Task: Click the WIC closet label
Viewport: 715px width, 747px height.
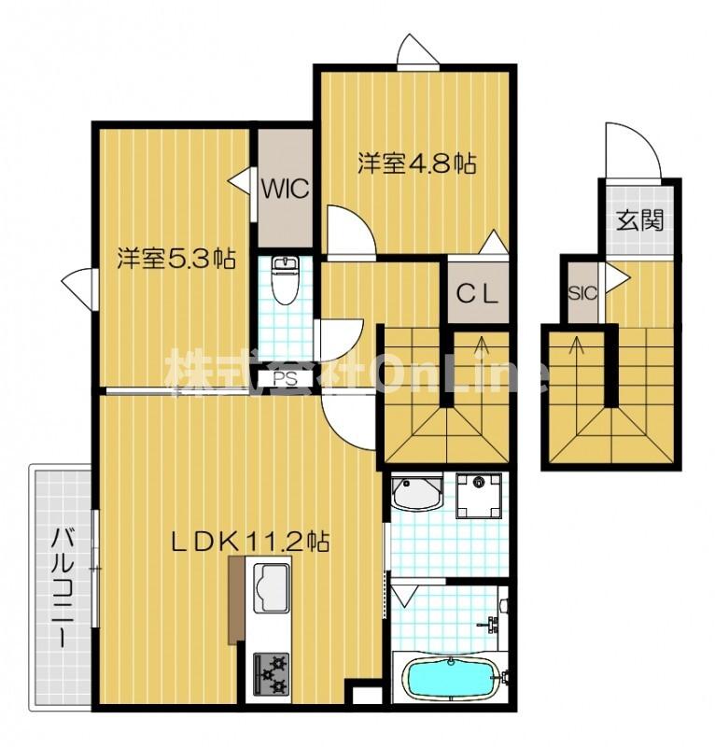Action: [286, 190]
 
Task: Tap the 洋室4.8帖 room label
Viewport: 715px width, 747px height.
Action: [417, 163]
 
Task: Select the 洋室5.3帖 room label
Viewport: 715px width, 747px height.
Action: [176, 259]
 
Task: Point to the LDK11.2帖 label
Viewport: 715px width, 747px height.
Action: [250, 542]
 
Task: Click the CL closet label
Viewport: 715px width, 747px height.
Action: [478, 294]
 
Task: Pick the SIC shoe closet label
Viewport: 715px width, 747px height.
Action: [582, 293]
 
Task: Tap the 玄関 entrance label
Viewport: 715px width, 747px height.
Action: [639, 220]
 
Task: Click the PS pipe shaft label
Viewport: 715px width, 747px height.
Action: [286, 379]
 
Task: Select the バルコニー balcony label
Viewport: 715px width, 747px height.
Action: [63, 587]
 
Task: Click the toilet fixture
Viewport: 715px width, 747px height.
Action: [285, 279]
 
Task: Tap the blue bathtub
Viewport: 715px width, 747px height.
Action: [450, 679]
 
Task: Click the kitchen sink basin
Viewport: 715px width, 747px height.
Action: [272, 588]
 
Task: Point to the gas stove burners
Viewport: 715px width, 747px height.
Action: [271, 673]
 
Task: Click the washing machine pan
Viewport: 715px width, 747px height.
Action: [479, 495]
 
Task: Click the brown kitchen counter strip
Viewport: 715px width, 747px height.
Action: [235, 599]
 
